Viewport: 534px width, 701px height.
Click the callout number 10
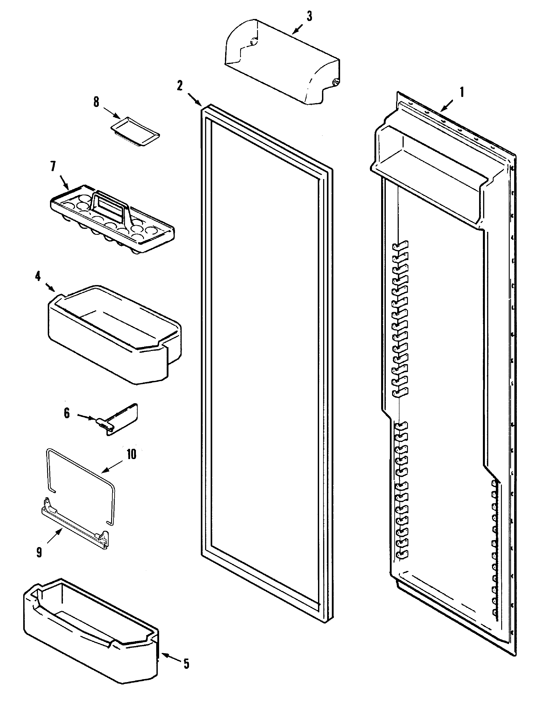(x=131, y=454)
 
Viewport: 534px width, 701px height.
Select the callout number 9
(x=39, y=552)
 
